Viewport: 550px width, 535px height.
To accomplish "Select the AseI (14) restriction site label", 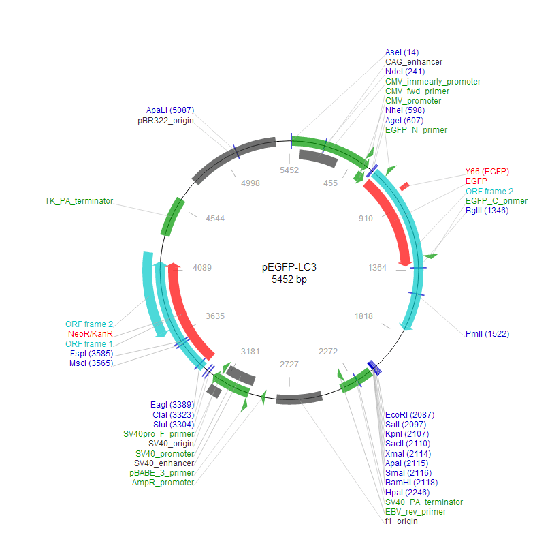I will coord(402,52).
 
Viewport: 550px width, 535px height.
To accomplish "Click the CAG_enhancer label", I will coord(414,62).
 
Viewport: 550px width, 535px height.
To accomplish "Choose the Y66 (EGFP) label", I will coord(487,171).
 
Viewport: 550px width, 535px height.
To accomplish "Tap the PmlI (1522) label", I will coord(487,333).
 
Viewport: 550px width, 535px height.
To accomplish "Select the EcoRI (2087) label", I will coord(410,415).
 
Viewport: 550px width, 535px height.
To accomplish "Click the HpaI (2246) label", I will coord(407,492).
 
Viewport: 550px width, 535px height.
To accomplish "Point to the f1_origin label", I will coord(402,521).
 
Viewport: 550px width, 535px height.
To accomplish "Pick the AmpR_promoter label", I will coord(163,483).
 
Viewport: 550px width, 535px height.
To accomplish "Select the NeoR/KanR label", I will coord(90,334).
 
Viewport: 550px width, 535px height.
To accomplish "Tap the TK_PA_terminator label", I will coord(79,201).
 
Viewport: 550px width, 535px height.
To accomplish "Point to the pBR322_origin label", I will coord(165,121).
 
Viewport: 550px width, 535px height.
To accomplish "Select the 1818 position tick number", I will coord(365,316).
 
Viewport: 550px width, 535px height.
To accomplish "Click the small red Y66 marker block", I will coord(404,185).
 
